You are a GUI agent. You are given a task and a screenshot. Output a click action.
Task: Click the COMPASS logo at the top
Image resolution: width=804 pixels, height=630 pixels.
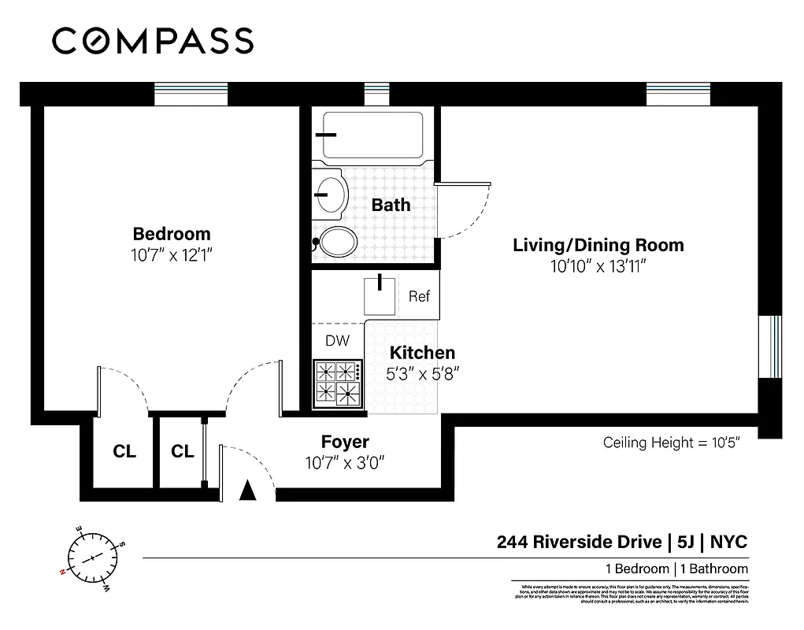153,40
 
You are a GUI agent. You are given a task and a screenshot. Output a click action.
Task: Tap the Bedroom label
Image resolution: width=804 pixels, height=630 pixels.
172,234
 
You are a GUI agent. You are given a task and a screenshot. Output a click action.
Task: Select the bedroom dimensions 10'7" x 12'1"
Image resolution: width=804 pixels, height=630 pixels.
172,255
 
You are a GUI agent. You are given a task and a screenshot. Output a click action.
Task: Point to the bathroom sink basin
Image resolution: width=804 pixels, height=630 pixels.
330,191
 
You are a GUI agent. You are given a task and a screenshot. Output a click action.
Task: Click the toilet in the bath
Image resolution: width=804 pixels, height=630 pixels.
336,243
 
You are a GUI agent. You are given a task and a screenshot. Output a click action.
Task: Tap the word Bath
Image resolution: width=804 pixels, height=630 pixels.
391,205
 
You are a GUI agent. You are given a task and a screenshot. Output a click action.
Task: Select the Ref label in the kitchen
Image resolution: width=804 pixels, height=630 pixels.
419,296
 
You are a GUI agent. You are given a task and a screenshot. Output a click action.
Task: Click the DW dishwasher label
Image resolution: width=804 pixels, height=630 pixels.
337,341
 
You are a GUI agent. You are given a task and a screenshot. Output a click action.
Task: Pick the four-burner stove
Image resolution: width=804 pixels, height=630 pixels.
337,382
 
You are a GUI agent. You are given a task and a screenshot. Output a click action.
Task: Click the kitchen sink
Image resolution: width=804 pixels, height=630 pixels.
380,295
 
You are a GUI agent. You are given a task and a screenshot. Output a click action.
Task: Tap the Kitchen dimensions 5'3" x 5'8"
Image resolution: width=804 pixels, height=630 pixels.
422,374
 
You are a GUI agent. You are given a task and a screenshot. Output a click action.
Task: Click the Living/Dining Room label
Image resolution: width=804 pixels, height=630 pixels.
598,245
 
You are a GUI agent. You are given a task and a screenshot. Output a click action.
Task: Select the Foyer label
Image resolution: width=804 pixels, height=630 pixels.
344,442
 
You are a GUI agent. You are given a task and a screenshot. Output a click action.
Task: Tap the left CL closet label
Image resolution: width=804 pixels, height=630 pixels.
124,451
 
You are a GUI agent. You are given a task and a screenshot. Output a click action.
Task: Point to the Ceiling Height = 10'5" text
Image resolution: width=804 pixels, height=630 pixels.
671,443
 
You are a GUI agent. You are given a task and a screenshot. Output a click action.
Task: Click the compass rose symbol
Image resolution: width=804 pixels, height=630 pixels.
92,556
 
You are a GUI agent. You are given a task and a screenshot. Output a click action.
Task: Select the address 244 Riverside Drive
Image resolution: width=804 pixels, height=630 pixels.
580,542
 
